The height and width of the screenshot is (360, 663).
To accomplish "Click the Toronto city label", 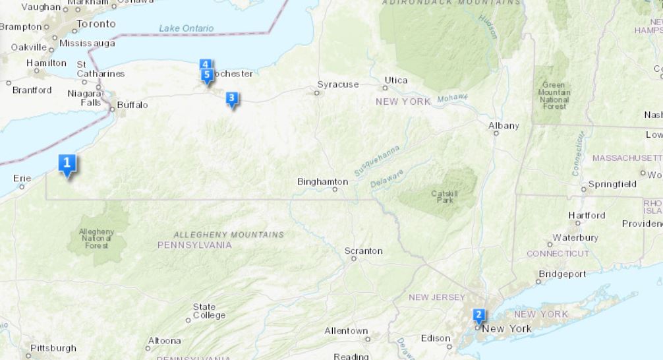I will coord(96,24).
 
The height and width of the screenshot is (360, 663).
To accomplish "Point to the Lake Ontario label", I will coord(187,28).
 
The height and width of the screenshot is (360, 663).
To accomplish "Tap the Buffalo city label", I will coord(132,105).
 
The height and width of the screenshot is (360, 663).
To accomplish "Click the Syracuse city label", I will coord(338,84).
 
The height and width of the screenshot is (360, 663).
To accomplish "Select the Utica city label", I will coord(396,80).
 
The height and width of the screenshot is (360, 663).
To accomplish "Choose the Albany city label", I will coord(504,125).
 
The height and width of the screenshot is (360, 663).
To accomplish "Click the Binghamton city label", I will coord(322,181).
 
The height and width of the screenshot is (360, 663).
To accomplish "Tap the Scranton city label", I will coord(363,251).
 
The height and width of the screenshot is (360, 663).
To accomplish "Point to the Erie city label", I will coord(22,178).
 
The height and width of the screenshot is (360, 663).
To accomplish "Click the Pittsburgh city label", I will coord(53,347).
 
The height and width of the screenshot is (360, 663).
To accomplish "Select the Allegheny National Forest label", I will coord(96,239).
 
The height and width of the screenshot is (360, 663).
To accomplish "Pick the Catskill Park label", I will coord(444,196).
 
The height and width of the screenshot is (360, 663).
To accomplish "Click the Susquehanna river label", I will coord(377,160).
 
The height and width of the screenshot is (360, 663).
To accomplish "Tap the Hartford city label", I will coord(587,215).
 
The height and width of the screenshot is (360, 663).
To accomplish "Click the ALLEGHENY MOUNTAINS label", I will coord(229,235).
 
